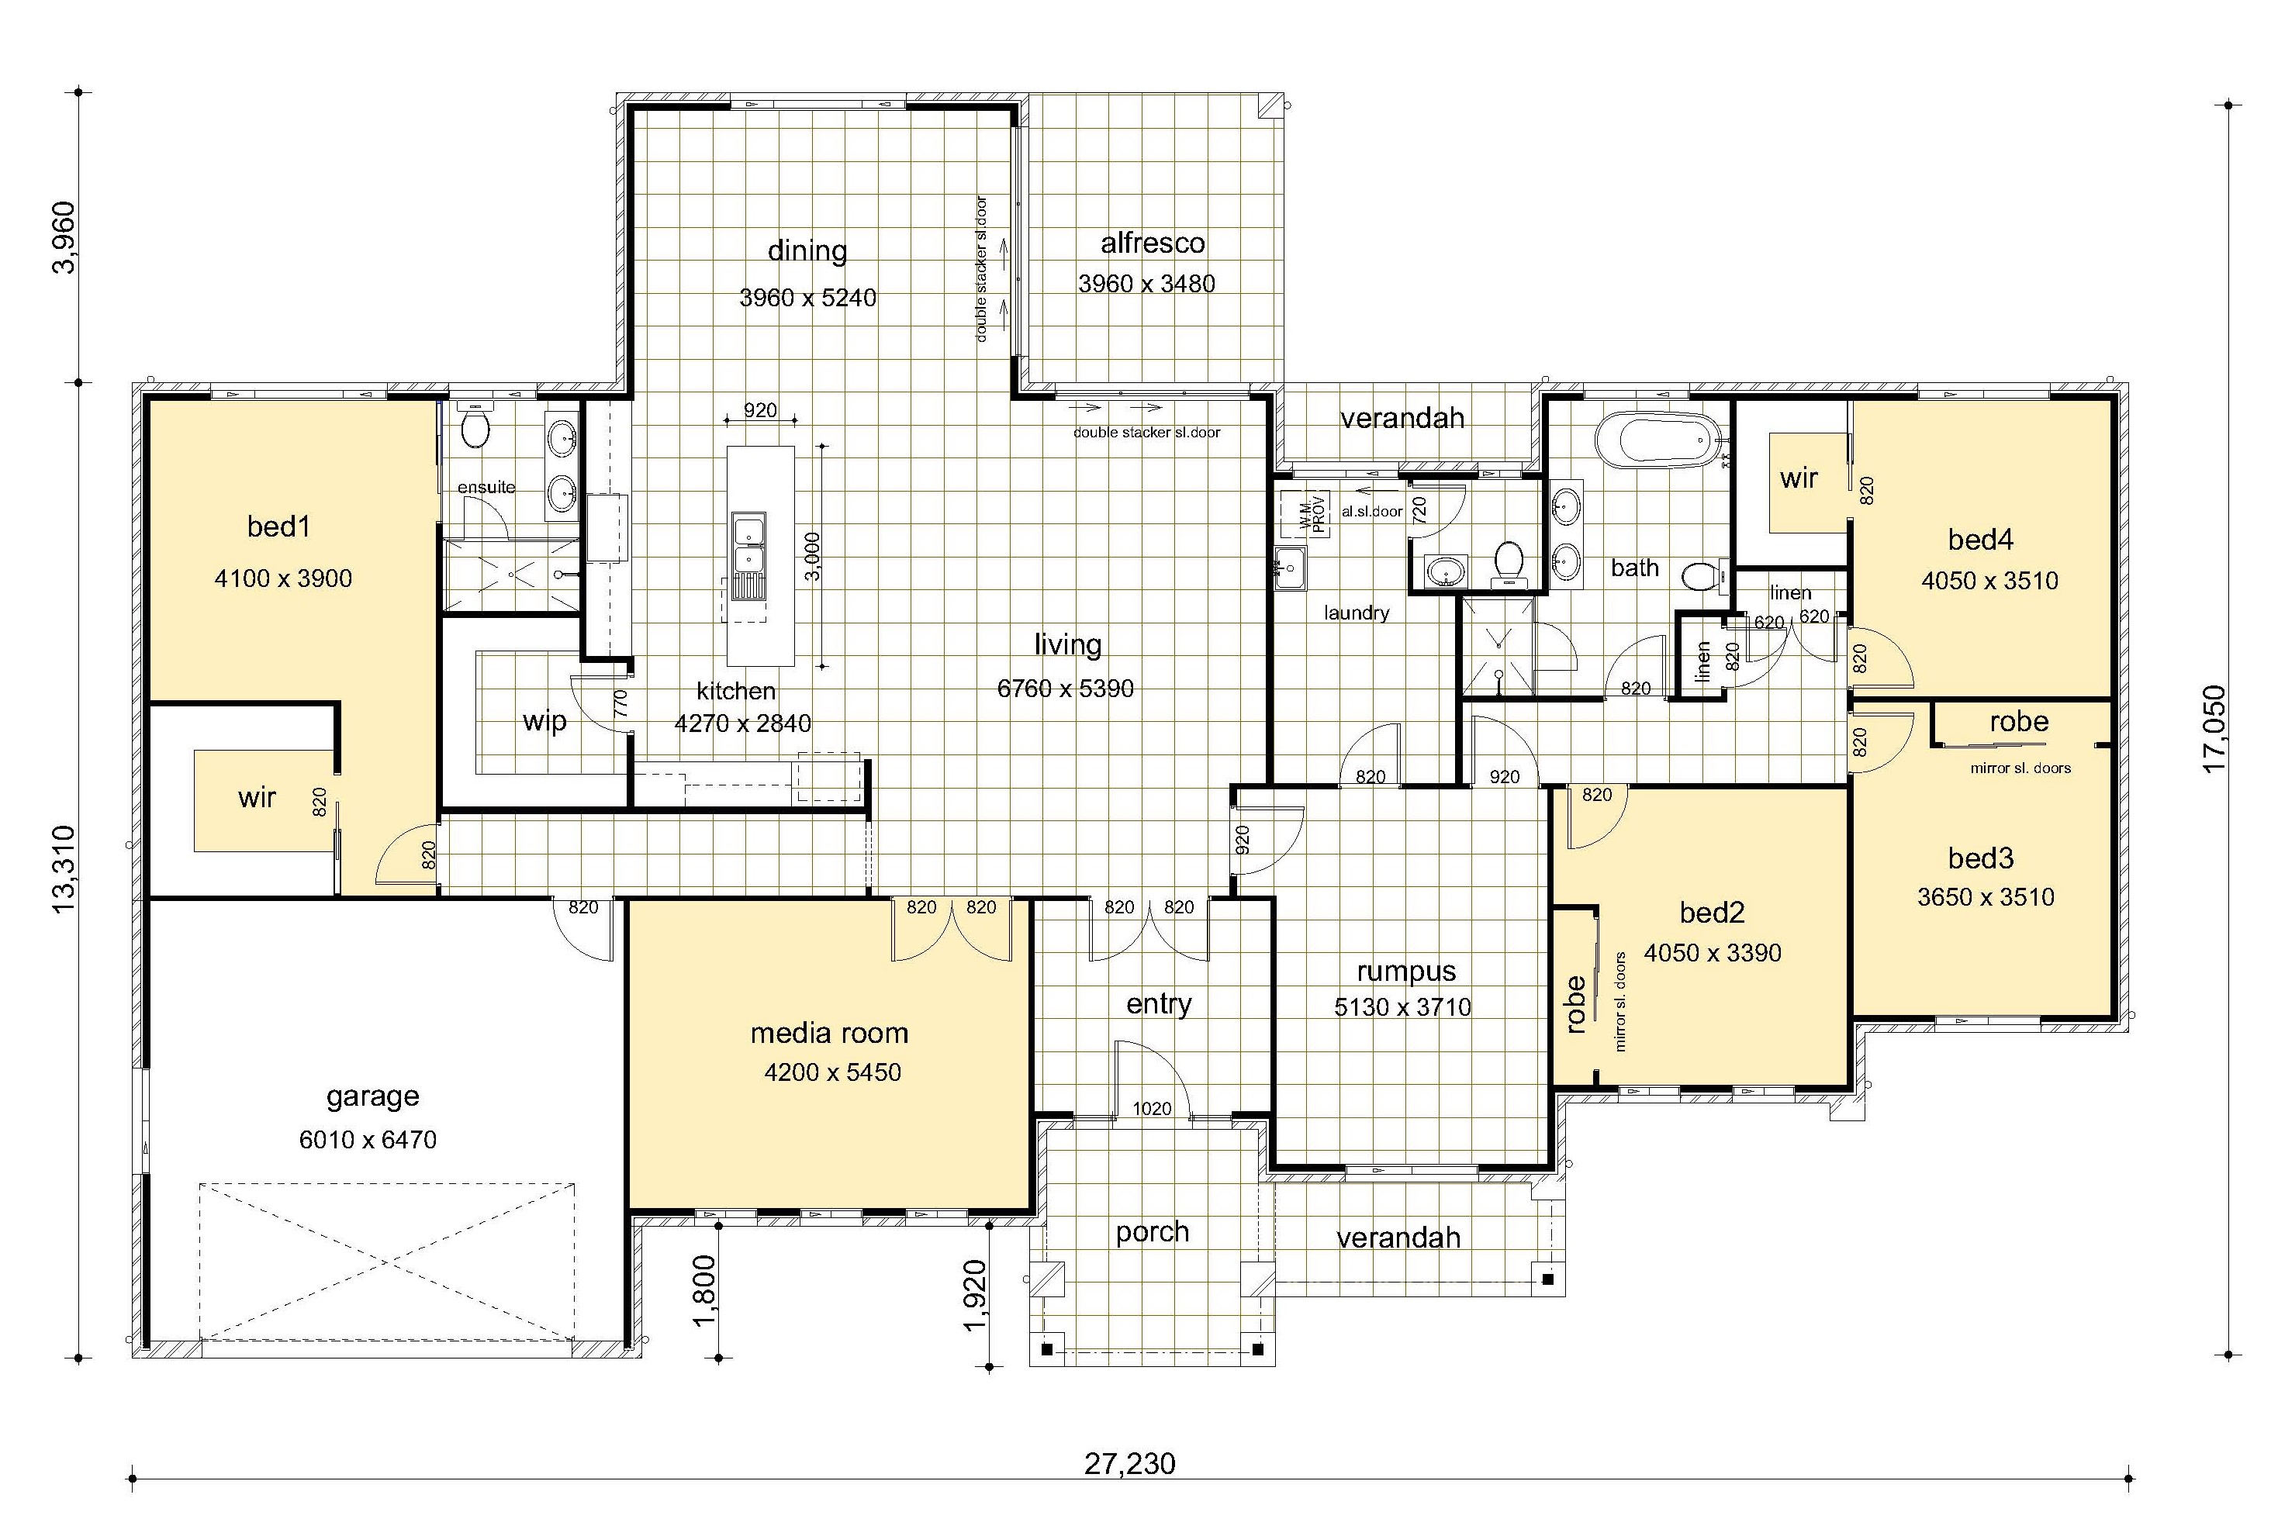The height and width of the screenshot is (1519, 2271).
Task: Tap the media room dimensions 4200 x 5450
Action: [832, 1072]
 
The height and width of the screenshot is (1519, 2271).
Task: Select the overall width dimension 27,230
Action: [1130, 1463]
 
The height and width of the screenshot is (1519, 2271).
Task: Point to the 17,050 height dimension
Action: [2215, 729]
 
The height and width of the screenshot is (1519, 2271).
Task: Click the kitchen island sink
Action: [748, 544]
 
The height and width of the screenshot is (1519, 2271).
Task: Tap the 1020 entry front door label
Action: [1151, 1108]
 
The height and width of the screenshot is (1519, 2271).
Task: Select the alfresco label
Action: [1152, 243]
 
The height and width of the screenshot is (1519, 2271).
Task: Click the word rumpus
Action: [1406, 972]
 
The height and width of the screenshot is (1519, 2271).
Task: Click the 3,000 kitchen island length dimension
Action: [813, 556]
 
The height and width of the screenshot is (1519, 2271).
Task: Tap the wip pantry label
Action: [544, 722]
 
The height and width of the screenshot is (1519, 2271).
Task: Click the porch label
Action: [1152, 1232]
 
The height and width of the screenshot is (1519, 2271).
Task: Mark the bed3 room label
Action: [1980, 858]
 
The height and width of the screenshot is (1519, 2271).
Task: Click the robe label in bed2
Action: [1576, 1003]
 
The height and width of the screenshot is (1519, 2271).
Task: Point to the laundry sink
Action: [1291, 568]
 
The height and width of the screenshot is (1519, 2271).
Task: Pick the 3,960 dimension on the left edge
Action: [64, 237]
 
